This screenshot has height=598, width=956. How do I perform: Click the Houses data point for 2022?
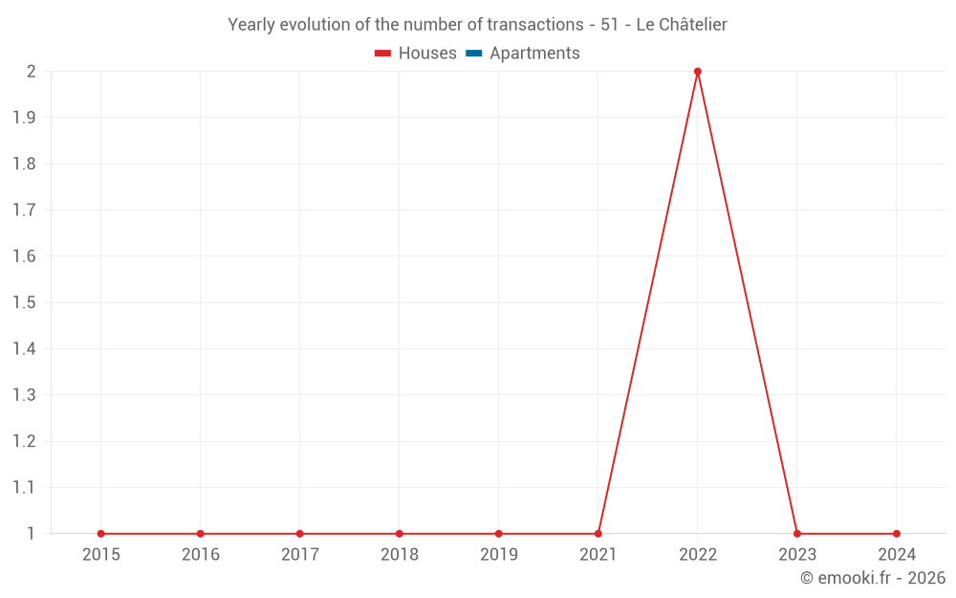pyautogui.click(x=698, y=72)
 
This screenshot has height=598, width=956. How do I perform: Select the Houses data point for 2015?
pyautogui.click(x=100, y=534)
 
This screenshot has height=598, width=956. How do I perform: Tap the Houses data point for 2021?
pyautogui.click(x=598, y=534)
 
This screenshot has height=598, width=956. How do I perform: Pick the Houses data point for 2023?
pyautogui.click(x=797, y=534)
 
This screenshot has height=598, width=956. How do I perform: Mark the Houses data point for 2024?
pyautogui.click(x=897, y=534)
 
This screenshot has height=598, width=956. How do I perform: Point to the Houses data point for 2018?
pyautogui.click(x=399, y=534)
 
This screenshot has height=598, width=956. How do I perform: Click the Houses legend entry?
pyautogui.click(x=416, y=54)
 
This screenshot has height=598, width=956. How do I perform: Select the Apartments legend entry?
pyautogui.click(x=523, y=54)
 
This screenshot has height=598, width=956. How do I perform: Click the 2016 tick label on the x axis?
pyautogui.click(x=200, y=555)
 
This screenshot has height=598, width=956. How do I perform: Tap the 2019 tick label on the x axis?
pyautogui.click(x=498, y=555)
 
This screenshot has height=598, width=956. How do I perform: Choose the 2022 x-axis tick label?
pyautogui.click(x=698, y=555)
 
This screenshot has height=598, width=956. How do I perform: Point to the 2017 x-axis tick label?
pyautogui.click(x=299, y=555)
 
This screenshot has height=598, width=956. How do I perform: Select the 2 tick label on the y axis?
pyautogui.click(x=31, y=72)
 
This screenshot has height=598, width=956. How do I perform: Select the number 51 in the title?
pyautogui.click(x=610, y=25)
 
